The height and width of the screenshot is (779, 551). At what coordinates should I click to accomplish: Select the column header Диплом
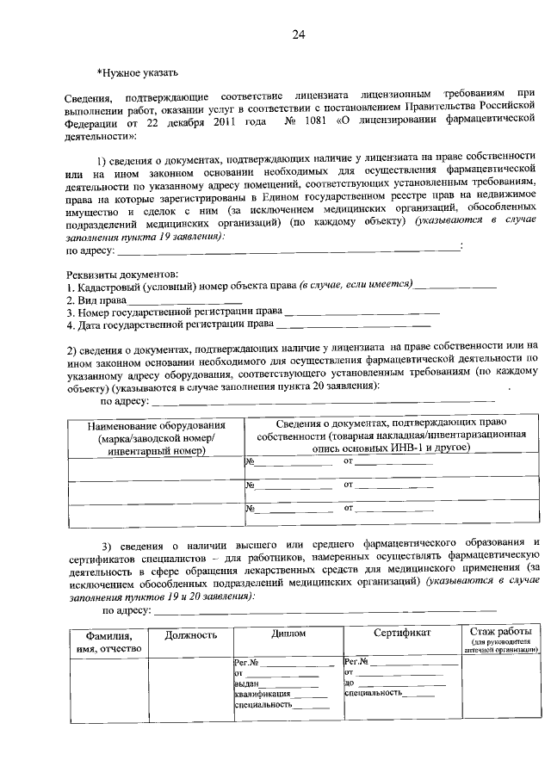click(x=288, y=634)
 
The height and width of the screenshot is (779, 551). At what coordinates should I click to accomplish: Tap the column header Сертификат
click(x=401, y=634)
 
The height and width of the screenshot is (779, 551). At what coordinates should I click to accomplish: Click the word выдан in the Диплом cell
click(x=246, y=683)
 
